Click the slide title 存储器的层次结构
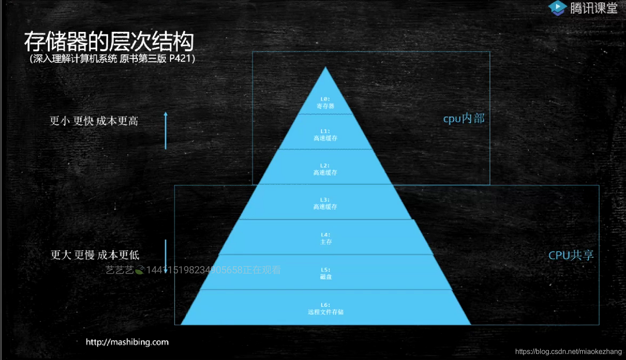(109, 42)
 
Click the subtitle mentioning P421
(113, 59)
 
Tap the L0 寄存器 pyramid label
(326, 103)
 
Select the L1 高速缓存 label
(326, 135)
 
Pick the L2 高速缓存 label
(326, 169)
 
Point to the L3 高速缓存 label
(326, 204)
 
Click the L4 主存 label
(326, 239)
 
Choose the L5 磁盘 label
(326, 273)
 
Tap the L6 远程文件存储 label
(326, 309)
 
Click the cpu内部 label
(464, 119)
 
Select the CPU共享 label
(571, 255)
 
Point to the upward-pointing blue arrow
(166, 130)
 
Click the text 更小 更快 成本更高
(94, 121)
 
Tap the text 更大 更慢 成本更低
(95, 255)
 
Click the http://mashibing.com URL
(127, 342)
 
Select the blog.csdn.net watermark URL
(568, 351)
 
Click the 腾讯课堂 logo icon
(557, 8)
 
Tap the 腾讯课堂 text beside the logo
(594, 8)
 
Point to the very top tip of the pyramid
(326, 68)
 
